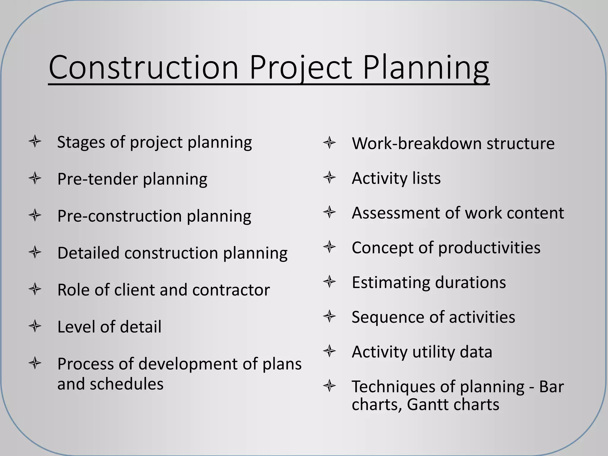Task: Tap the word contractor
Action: tap(231, 290)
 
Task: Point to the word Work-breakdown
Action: tap(416, 143)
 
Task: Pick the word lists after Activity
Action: tap(427, 178)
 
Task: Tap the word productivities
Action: tap(489, 248)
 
